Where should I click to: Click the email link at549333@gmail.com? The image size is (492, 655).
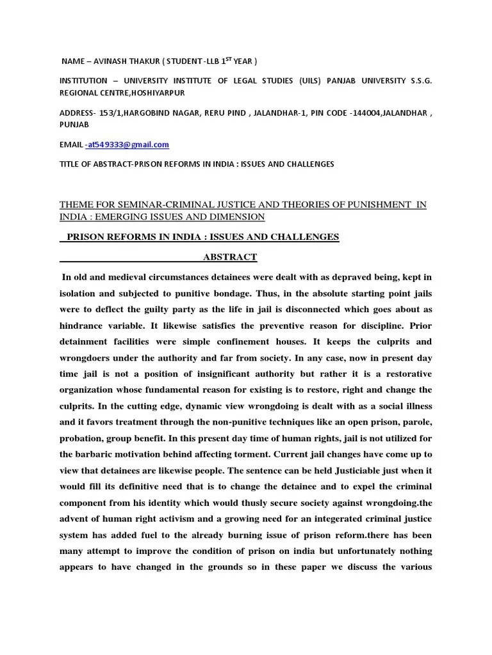[x=127, y=145]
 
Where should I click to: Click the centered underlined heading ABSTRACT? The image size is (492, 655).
[x=230, y=257]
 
